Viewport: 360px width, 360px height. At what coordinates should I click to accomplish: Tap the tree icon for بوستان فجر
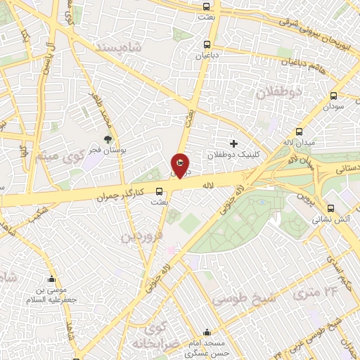108,140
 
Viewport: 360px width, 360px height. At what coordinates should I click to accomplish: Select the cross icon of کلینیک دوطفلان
234,143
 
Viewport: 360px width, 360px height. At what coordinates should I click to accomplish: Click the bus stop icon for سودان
333,96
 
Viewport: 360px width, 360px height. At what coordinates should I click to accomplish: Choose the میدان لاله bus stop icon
299,131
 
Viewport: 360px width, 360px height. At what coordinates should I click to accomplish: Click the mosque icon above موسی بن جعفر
51,278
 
